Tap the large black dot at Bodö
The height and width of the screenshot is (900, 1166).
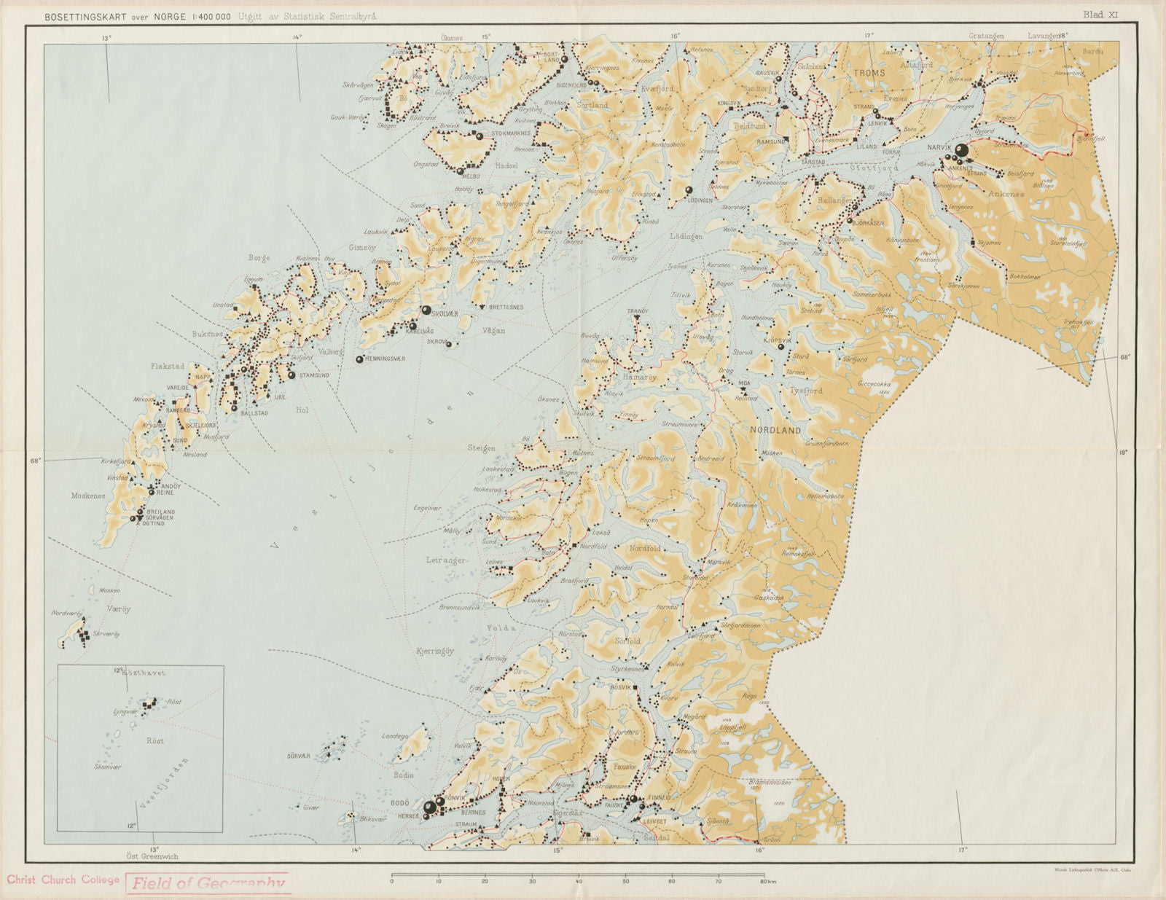click(430, 807)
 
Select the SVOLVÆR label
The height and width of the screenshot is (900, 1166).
click(445, 313)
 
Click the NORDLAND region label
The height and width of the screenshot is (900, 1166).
click(775, 431)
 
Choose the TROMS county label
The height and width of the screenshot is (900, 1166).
click(869, 73)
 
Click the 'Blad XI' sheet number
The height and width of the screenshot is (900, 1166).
click(1100, 15)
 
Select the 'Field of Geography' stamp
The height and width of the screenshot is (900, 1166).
click(208, 883)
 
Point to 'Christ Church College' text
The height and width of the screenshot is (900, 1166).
click(63, 880)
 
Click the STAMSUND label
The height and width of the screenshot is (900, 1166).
click(314, 376)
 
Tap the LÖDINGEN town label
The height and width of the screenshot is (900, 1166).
click(700, 200)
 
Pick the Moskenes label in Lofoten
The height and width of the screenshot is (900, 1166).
click(88, 496)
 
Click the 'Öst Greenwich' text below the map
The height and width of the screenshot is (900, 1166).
click(152, 856)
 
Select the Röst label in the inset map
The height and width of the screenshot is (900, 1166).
click(154, 740)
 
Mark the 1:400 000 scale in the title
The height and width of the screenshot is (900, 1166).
click(212, 16)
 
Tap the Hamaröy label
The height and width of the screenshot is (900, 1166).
click(639, 377)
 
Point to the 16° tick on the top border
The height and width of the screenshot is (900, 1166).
click(676, 35)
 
